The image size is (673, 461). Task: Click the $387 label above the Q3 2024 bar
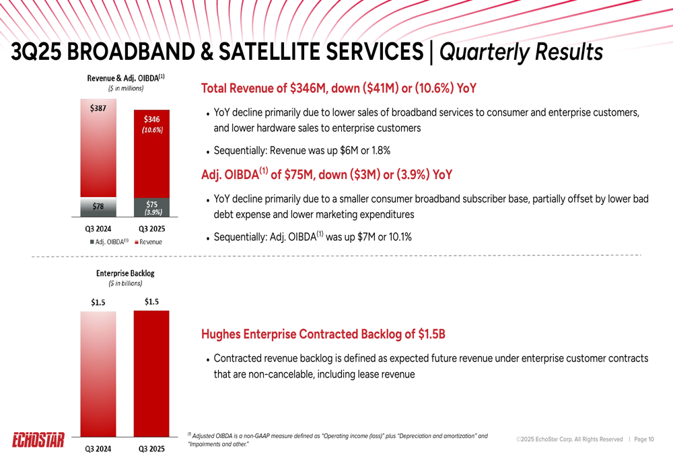coord(98,108)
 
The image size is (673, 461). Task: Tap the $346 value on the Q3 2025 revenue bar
coord(151,120)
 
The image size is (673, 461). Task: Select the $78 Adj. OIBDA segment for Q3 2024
coord(98,206)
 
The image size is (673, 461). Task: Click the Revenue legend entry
coord(149,242)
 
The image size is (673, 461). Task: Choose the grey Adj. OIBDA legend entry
coord(108,242)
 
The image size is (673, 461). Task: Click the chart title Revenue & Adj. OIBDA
coord(125,78)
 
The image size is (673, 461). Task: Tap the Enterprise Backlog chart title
coord(125,273)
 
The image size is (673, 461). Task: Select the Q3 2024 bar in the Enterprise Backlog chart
coord(98,374)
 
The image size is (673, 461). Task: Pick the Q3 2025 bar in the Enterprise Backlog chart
coord(151,374)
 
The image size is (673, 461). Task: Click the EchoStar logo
coord(38,441)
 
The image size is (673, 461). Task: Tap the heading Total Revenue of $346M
coord(339,88)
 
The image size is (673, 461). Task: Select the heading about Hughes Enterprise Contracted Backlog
coord(323,334)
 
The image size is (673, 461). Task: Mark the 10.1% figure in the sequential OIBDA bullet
coord(398,237)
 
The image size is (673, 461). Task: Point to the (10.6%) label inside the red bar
coord(151,131)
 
